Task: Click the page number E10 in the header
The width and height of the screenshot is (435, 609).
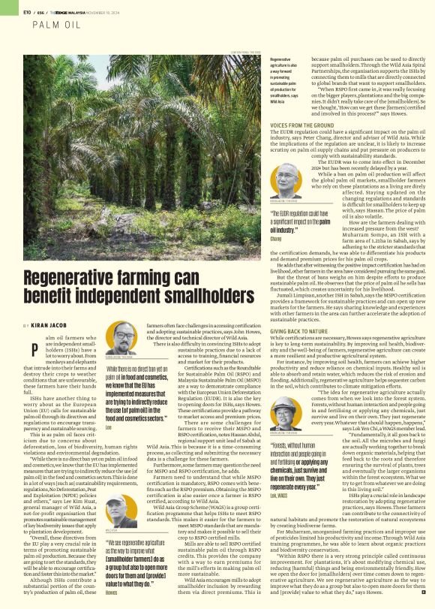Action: click(x=27, y=11)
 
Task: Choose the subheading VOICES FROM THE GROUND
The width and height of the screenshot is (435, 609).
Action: click(x=302, y=125)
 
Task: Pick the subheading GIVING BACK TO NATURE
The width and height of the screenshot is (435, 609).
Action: click(x=298, y=330)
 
